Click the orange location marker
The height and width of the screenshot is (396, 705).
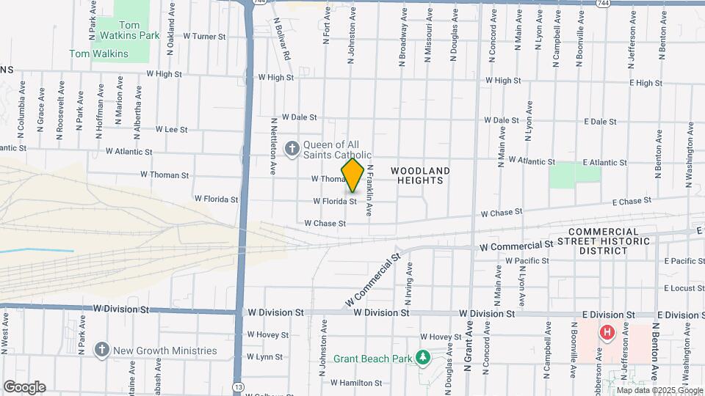(353, 176)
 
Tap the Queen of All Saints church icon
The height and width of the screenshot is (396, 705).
(292, 150)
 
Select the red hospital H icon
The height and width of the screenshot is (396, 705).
(607, 333)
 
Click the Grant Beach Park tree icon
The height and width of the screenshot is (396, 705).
(422, 359)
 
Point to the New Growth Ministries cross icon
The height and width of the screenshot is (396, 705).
(101, 350)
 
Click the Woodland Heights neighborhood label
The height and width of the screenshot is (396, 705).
(419, 175)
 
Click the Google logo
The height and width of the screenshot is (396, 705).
(24, 387)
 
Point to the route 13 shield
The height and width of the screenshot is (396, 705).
(238, 386)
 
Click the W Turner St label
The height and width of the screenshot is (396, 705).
(204, 36)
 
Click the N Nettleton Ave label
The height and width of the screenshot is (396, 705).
(272, 146)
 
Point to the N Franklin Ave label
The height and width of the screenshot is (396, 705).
(370, 190)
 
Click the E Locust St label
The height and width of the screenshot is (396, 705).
(684, 288)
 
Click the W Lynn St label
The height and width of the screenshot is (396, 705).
(264, 357)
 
